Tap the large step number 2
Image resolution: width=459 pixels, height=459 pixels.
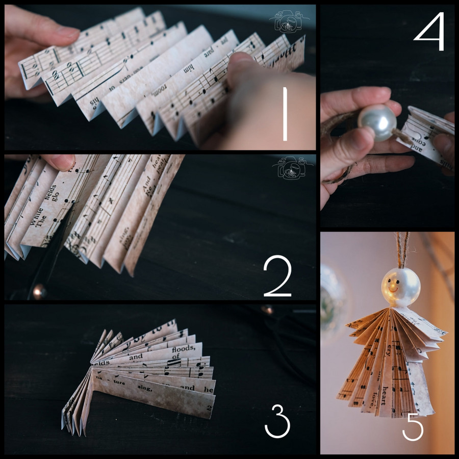click(277, 277)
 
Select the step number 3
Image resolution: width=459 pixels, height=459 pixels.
click(277, 421)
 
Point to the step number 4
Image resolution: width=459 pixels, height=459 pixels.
click(429, 32)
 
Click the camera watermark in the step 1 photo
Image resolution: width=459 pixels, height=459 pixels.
click(289, 21)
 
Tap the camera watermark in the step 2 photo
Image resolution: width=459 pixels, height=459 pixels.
click(289, 168)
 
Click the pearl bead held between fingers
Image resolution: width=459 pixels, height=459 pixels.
click(377, 122)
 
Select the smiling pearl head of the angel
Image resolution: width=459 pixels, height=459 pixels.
click(401, 287)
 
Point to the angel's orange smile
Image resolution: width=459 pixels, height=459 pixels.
click(393, 288)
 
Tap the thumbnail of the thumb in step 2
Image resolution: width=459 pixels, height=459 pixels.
click(60, 162)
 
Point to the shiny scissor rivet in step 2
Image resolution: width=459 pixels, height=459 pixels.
click(39, 291)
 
